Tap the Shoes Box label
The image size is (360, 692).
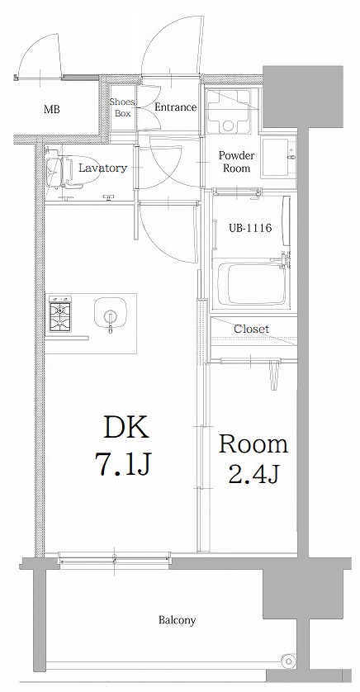click(x=122, y=107)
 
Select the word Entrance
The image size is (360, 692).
click(x=175, y=107)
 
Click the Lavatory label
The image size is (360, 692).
click(x=102, y=168)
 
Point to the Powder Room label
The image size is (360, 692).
click(x=236, y=161)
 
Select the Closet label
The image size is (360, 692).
click(x=251, y=329)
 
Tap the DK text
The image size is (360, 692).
click(x=126, y=428)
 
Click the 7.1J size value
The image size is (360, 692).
click(x=126, y=467)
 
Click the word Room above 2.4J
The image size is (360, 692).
click(x=253, y=444)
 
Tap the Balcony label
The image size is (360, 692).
click(x=178, y=620)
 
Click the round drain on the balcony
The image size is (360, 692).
click(x=287, y=661)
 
